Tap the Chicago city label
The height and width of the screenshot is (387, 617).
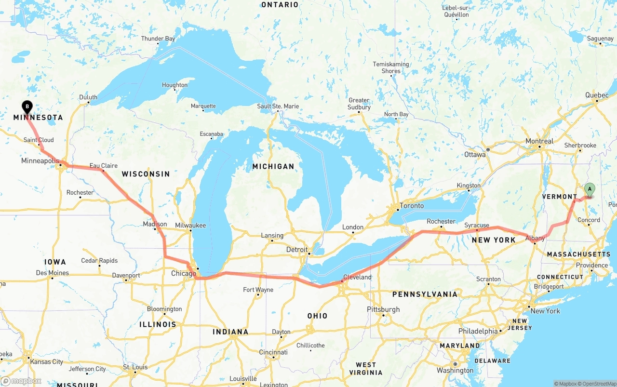click(184, 274)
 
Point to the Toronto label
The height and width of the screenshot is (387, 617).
click(412, 206)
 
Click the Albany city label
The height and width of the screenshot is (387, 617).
click(535, 238)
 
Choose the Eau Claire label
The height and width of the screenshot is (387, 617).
click(103, 166)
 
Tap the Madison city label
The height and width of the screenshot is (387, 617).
click(155, 224)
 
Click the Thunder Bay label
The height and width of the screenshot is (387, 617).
click(158, 39)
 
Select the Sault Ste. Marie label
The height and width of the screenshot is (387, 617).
click(278, 106)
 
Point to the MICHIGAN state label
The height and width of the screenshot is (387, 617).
click(273, 166)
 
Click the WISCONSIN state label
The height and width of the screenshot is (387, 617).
click(146, 174)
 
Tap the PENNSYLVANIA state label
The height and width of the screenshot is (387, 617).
click(425, 294)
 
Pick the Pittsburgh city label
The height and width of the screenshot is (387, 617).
click(383, 309)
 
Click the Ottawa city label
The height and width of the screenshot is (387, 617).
click(475, 155)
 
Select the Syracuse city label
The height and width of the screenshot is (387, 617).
click(477, 225)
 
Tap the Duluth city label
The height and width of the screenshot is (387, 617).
click(88, 97)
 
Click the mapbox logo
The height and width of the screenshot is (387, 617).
click(21, 381)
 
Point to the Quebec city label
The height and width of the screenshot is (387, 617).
click(597, 95)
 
